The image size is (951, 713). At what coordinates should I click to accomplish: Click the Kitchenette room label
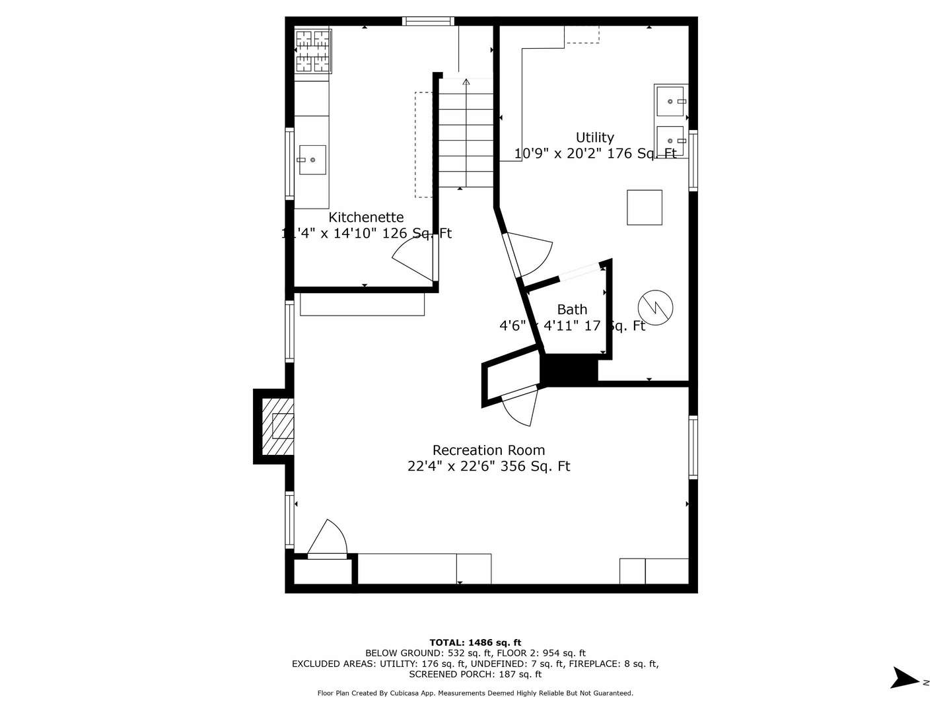[x=366, y=217]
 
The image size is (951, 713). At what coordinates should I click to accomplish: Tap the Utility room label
[x=594, y=137]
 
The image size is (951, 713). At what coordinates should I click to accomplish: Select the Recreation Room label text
[x=489, y=450]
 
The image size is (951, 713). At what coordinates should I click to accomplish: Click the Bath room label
[x=572, y=309]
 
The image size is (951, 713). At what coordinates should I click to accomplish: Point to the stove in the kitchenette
[x=312, y=51]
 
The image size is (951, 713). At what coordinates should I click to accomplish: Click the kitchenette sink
[x=312, y=160]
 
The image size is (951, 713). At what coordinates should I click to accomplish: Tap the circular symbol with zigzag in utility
[x=655, y=307]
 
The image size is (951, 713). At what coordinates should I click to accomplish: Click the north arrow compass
[x=905, y=679]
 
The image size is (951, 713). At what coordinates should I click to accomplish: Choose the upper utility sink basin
[x=670, y=101]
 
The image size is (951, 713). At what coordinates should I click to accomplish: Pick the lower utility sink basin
[x=670, y=141]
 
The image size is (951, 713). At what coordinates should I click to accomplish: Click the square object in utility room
[x=644, y=207]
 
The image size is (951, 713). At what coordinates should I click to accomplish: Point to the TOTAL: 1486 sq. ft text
[x=475, y=642]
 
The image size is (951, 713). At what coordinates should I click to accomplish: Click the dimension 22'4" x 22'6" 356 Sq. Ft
[x=489, y=466]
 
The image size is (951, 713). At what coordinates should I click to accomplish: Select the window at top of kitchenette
[x=429, y=21]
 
